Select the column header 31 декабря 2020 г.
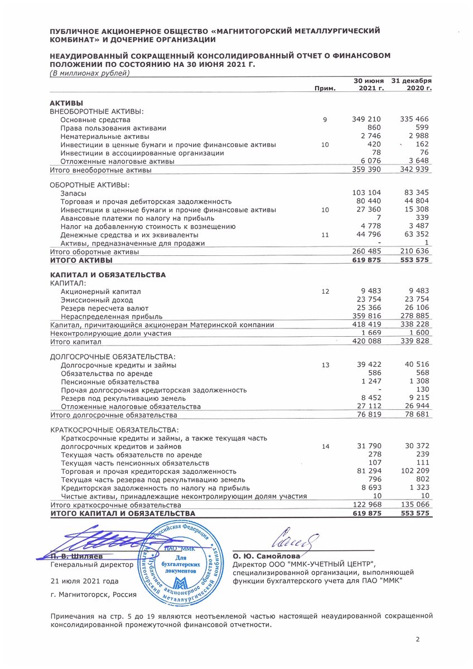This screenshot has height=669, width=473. [x=412, y=85]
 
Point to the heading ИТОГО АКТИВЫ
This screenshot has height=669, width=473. [x=81, y=260]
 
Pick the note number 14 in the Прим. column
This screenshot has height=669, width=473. [x=326, y=447]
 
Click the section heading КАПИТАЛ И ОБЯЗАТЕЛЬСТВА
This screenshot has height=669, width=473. [x=108, y=275]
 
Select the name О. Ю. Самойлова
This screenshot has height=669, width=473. [x=266, y=556]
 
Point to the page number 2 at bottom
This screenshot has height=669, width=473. [x=417, y=639]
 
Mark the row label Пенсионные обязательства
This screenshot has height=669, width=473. [x=110, y=382]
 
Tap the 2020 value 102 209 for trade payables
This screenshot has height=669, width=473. [x=415, y=471]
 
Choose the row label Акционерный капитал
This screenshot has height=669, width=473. [x=101, y=292]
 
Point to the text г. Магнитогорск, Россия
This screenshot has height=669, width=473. [x=93, y=594]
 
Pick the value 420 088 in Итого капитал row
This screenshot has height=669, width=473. [x=366, y=342]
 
